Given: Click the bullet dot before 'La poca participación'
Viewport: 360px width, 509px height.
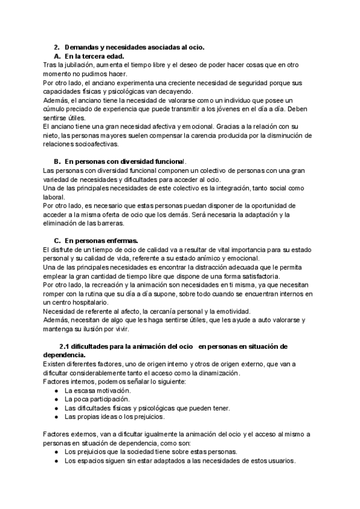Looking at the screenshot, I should tap(56, 400).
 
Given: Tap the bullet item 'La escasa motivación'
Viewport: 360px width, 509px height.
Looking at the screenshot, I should tap(98, 391).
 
